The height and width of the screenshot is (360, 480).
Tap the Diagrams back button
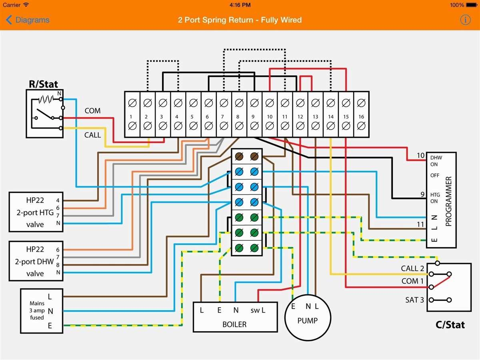[28, 20]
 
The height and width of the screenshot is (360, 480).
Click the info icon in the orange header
[465, 20]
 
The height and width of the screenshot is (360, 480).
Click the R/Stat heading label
[43, 84]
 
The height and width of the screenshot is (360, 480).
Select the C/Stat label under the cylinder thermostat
[450, 324]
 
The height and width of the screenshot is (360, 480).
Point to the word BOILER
[234, 324]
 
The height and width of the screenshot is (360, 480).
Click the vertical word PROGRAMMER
[448, 201]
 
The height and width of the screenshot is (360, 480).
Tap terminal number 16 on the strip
[361, 117]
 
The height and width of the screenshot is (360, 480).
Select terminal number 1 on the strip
[131, 117]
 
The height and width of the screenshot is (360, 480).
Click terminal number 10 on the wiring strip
[270, 117]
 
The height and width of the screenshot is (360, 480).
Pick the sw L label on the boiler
[258, 310]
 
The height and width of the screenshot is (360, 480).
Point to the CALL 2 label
[412, 268]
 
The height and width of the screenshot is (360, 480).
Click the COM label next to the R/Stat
[92, 110]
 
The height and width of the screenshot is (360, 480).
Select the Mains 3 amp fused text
[37, 310]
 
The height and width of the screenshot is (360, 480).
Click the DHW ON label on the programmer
[434, 161]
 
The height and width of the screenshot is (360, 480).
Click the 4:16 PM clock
[240, 5]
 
